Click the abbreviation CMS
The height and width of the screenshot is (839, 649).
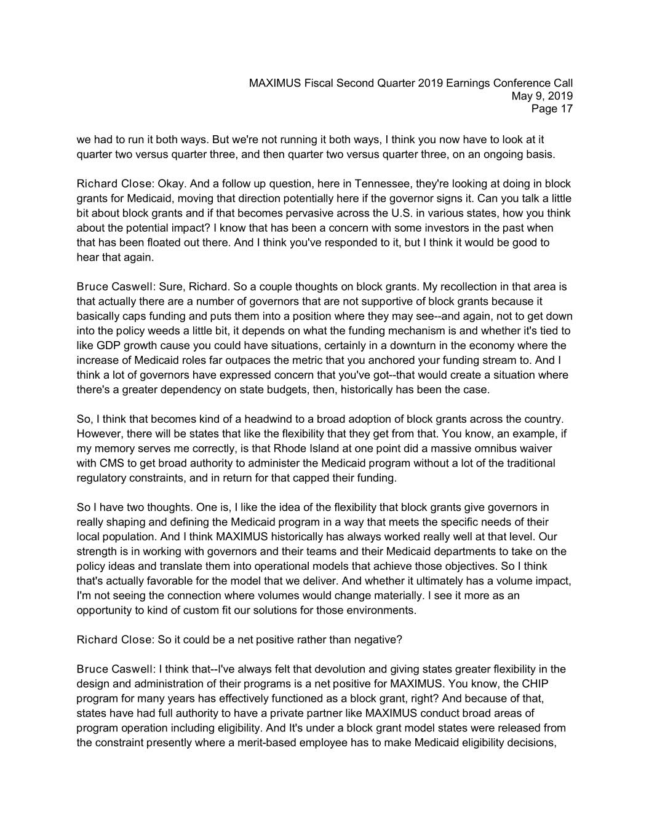click(113, 463)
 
